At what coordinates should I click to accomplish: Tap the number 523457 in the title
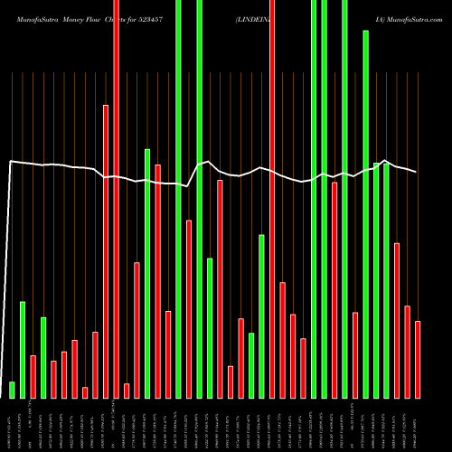(x=171, y=18)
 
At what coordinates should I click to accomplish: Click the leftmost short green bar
(x=12, y=390)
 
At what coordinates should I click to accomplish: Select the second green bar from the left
(x=23, y=349)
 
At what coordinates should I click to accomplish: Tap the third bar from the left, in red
(x=33, y=376)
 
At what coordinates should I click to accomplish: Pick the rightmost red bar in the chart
(x=418, y=359)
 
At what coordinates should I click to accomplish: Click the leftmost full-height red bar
(x=116, y=199)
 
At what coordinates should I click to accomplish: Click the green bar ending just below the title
(x=365, y=213)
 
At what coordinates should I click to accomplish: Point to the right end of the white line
(x=417, y=172)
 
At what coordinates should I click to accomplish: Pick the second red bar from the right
(x=407, y=352)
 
